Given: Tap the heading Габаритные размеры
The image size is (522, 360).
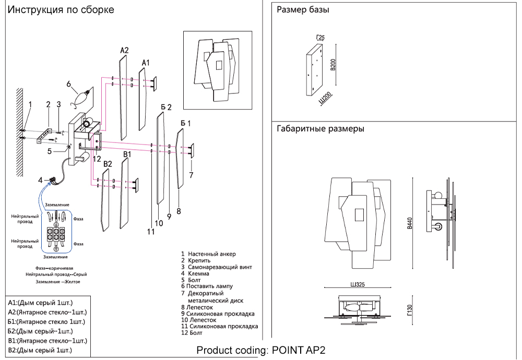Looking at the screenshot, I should (x=320, y=128).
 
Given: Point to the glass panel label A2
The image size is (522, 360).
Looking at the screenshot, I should (x=124, y=51).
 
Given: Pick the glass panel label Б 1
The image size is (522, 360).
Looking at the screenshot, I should (x=185, y=123).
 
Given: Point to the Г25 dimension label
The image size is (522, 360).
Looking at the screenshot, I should (x=320, y=37).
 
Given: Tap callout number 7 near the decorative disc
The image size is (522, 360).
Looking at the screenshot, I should (x=192, y=175).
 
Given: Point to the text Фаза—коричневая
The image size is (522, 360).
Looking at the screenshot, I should (x=58, y=268).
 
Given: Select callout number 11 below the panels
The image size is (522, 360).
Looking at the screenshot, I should (x=151, y=232).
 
